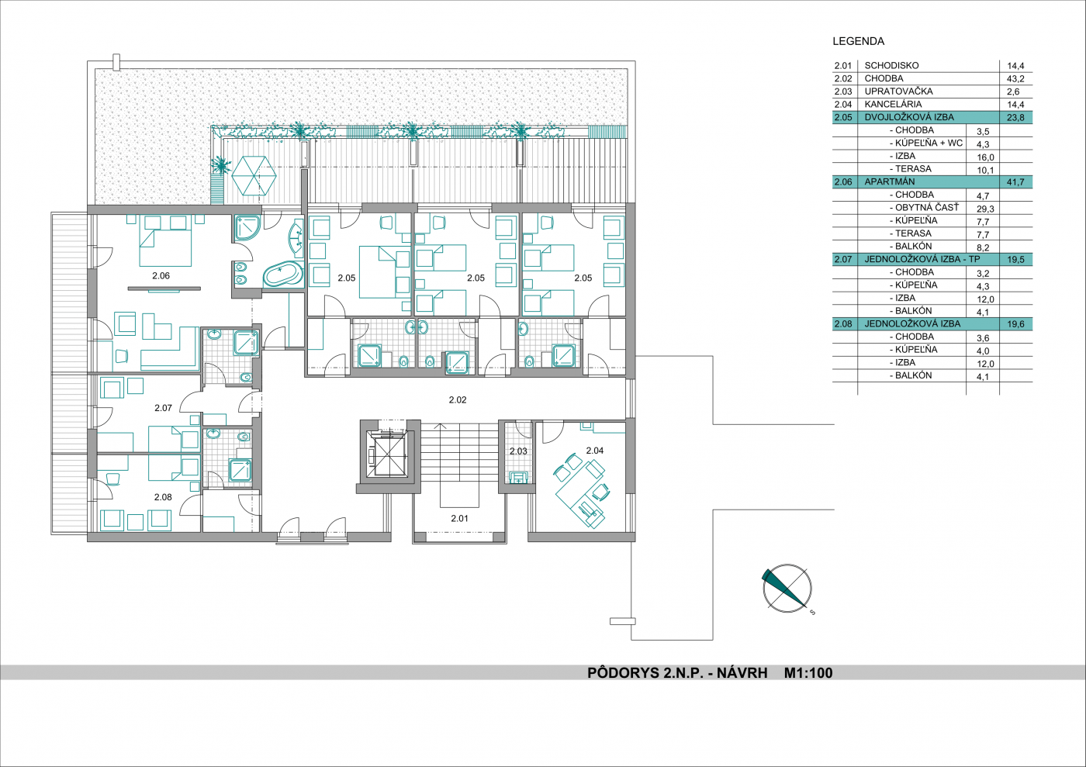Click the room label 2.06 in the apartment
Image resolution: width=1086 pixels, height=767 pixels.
(x=161, y=276)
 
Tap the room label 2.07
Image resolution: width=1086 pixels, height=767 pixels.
(x=164, y=408)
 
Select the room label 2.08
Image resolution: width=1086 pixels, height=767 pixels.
(x=163, y=497)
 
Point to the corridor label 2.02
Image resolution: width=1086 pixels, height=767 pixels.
(x=458, y=400)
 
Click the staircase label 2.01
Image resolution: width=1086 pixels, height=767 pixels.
(x=459, y=518)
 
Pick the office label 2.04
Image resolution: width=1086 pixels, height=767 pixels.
(x=595, y=451)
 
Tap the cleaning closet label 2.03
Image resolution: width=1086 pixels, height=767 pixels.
(x=518, y=451)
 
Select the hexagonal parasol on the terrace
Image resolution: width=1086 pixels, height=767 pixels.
(x=254, y=175)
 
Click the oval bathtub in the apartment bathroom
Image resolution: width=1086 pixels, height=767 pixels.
(x=282, y=275)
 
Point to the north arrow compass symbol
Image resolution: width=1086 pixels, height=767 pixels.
(x=787, y=588)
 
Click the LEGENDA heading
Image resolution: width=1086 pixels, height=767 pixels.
(x=859, y=41)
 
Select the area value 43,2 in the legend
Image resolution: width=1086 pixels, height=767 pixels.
(x=1015, y=78)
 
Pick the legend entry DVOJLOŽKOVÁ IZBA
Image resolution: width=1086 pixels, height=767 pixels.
(x=909, y=117)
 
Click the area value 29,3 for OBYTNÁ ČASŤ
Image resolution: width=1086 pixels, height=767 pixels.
(x=985, y=209)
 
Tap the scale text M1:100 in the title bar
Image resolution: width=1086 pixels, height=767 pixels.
(x=808, y=673)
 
